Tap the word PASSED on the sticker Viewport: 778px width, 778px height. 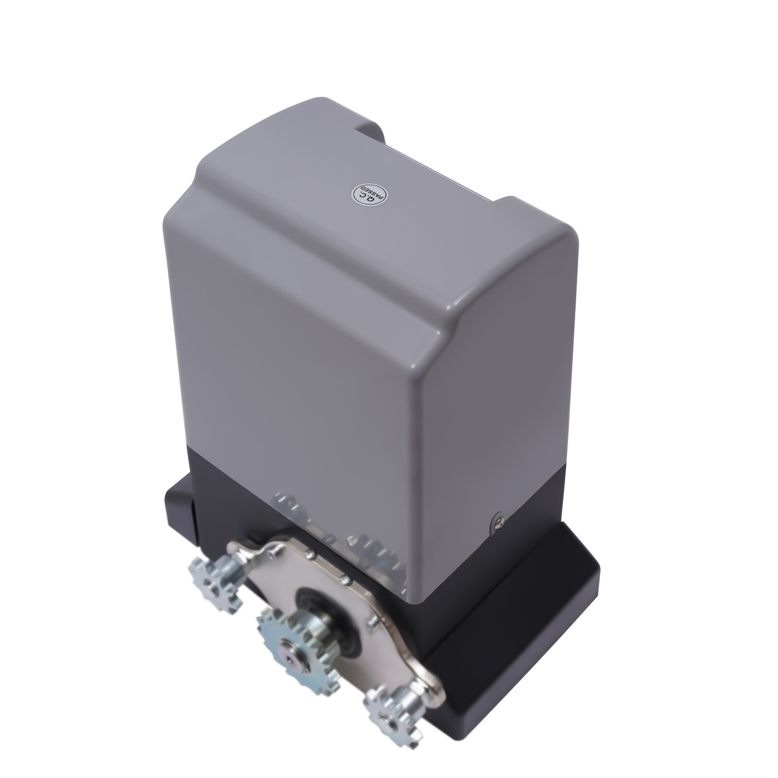pos(377,197)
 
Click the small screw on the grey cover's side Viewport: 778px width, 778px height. pos(497,520)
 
